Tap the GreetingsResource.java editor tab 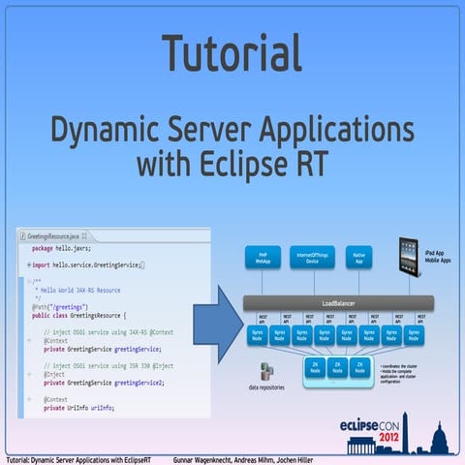[52, 235]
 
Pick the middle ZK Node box [336, 369]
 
